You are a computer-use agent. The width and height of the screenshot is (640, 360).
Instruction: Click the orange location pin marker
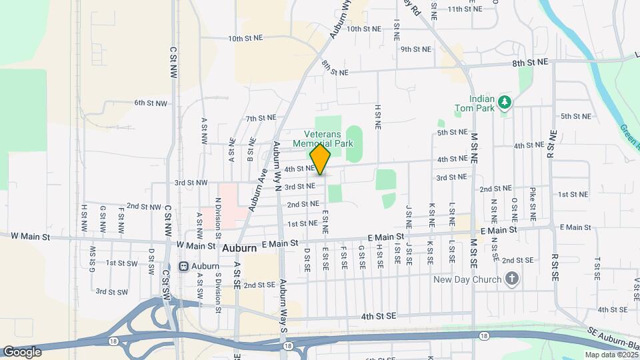(321, 160)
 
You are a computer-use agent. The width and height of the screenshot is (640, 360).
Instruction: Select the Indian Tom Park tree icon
(506, 101)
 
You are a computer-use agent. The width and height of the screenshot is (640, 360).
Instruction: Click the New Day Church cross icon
(512, 279)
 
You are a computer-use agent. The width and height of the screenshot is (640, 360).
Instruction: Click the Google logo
(22, 351)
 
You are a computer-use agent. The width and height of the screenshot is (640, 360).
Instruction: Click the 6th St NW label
(149, 103)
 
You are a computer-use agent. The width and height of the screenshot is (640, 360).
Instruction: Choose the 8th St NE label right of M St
(530, 61)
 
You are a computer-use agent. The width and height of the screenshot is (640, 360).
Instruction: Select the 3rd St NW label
(191, 182)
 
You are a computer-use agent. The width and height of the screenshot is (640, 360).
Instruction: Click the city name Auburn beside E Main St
(239, 248)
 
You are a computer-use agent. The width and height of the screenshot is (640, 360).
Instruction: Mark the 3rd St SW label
(111, 291)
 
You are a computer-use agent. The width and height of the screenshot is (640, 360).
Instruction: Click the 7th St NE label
(261, 118)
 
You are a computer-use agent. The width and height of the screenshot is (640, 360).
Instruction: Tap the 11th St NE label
(464, 9)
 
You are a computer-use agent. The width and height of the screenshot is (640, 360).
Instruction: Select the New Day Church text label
(467, 279)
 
